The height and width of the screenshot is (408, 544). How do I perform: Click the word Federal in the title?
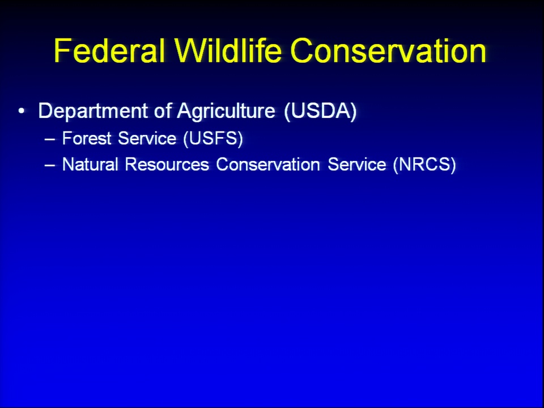[109, 50]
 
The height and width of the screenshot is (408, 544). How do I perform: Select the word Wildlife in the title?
[228, 50]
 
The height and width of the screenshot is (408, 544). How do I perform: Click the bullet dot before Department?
[22, 111]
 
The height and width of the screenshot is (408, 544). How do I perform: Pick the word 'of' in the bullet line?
[163, 110]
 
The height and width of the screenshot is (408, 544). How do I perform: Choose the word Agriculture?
[226, 112]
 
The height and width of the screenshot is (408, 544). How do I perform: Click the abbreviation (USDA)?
[320, 112]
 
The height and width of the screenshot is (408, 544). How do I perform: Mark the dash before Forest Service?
[50, 139]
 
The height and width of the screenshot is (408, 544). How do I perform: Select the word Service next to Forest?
[147, 138]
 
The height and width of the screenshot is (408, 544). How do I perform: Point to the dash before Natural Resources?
[50, 165]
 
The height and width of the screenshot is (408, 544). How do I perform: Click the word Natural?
[90, 164]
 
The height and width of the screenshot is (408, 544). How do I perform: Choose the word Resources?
[167, 164]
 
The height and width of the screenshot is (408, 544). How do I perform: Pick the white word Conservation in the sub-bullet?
[268, 164]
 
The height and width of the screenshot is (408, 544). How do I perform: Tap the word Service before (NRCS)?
[356, 164]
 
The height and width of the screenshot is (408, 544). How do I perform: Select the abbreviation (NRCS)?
[424, 164]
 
